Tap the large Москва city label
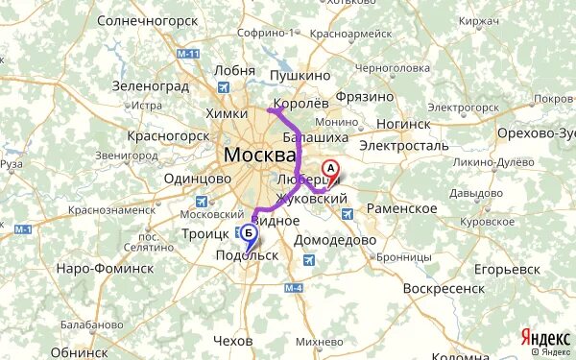[x=260, y=155]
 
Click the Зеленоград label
[x=147, y=85]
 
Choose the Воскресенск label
[x=442, y=287]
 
